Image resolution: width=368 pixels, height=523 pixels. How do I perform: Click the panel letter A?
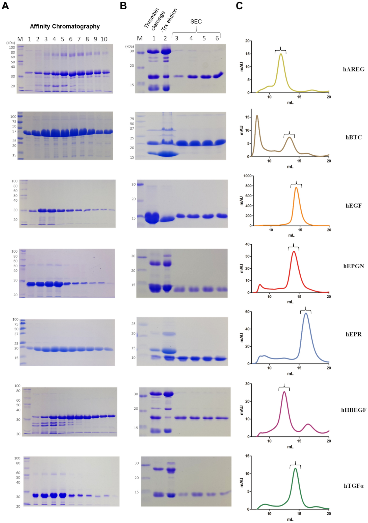tap(5, 6)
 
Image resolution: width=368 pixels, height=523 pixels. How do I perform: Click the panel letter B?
tap(123, 6)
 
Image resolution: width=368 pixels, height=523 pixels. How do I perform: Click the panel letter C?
tap(239, 6)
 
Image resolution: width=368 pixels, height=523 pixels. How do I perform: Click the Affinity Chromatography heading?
tap(65, 27)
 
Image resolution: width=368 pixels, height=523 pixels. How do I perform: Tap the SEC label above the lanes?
tap(196, 22)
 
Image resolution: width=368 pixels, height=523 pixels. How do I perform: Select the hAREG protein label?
tap(353, 69)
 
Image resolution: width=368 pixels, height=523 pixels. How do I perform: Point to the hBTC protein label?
tap(353, 137)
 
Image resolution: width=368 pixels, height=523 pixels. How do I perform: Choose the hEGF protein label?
tap(353, 206)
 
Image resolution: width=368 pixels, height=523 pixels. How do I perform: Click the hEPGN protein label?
tap(353, 266)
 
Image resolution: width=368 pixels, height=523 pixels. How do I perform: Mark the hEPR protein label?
tap(353, 334)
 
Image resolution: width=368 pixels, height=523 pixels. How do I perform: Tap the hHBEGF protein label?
tap(353, 410)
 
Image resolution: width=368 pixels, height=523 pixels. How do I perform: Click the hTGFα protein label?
tap(353, 486)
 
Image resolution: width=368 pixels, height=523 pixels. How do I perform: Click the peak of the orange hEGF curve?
tap(296, 187)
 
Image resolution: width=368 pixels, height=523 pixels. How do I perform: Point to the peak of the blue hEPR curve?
tap(306, 314)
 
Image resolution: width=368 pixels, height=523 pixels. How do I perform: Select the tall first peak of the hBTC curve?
tap(257, 116)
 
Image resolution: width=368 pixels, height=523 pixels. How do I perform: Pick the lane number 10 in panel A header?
tap(104, 39)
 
